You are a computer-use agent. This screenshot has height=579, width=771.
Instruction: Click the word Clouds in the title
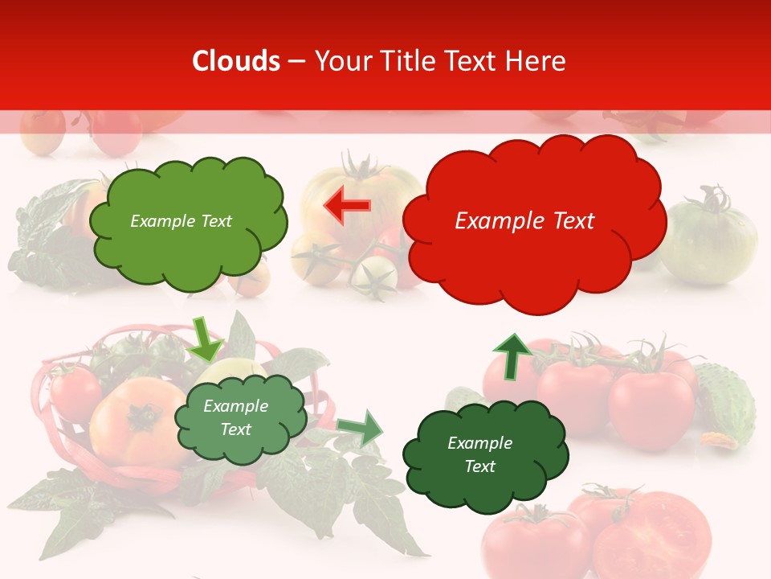[236, 61]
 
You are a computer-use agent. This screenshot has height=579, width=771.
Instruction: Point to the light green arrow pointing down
[206, 339]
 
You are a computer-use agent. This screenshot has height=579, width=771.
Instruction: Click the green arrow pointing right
[360, 428]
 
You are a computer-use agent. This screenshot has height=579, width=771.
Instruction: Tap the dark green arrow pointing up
[512, 355]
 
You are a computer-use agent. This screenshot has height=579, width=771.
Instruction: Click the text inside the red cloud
[524, 221]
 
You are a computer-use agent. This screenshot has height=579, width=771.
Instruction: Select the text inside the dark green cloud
[479, 454]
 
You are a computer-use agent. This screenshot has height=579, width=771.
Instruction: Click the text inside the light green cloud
[181, 221]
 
